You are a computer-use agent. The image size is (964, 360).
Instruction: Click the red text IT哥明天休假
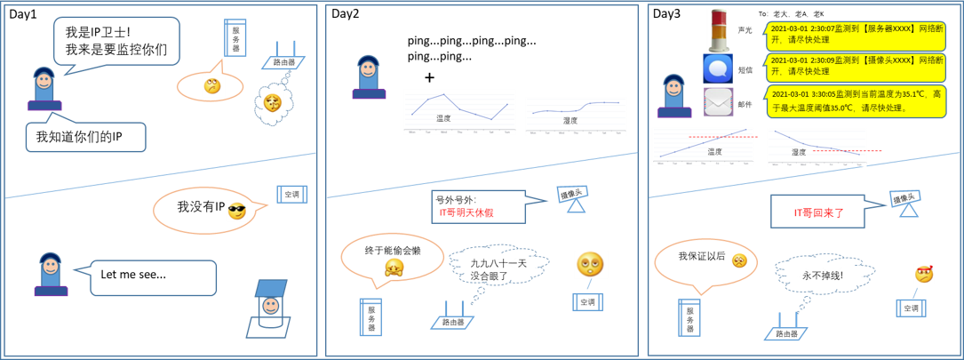[x=466, y=212]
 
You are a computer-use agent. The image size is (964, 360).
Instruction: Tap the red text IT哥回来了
[x=818, y=213]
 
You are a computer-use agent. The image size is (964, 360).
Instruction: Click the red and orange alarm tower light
[x=718, y=29]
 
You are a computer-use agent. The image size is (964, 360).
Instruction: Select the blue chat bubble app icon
[x=718, y=68]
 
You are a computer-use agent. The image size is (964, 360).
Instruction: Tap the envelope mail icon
[x=718, y=101]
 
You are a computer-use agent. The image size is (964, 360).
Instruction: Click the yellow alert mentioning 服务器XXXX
[x=856, y=36]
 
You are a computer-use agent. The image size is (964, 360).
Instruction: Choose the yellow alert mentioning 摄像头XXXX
[x=856, y=67]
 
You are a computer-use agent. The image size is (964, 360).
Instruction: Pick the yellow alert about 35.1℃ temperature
[x=856, y=100]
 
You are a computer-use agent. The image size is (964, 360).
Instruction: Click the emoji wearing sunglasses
[x=236, y=211]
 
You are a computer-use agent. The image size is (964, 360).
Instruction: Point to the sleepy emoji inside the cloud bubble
[x=272, y=102]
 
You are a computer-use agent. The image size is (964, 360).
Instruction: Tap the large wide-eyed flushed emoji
[x=591, y=264]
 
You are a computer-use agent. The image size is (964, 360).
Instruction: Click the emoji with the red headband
[x=924, y=274]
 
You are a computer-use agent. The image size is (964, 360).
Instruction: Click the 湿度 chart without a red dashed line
[x=576, y=116]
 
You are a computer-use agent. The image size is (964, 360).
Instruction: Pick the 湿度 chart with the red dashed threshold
[x=817, y=148]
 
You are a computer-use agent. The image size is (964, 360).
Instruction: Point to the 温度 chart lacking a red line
[x=459, y=112]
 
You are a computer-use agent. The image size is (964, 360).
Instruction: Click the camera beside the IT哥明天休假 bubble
[x=573, y=197]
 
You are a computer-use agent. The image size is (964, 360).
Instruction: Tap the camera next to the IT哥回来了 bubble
[x=905, y=203]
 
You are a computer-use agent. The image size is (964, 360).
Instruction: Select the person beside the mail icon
[x=674, y=96]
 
